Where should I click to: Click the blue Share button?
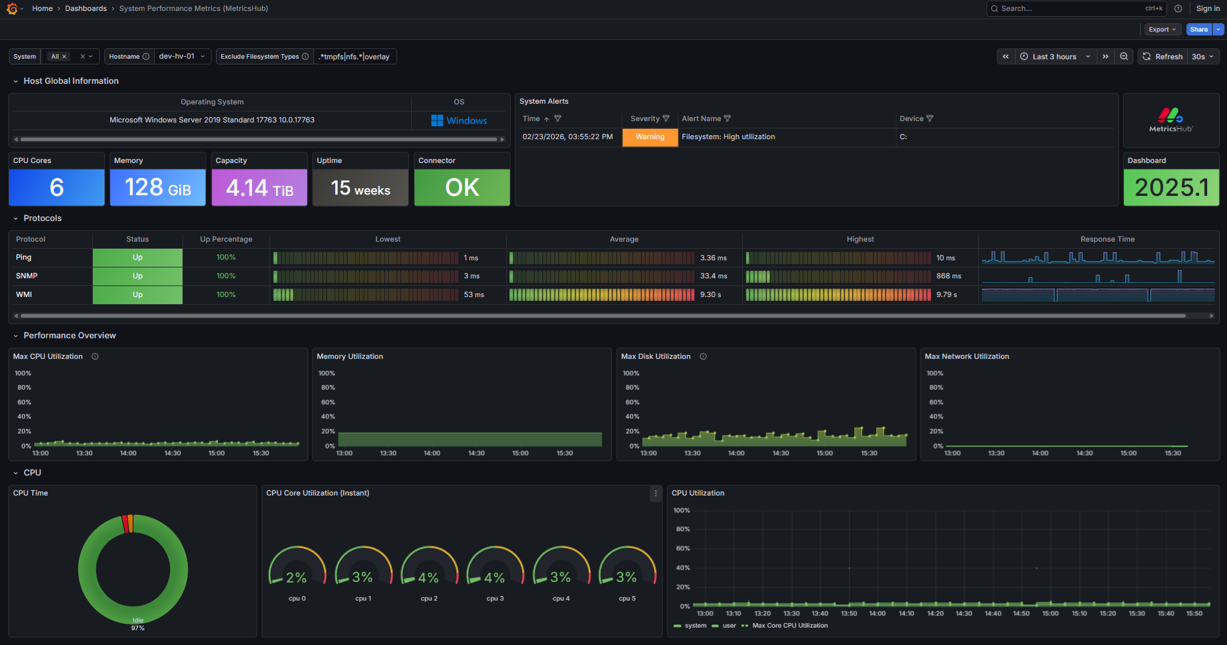(1199, 30)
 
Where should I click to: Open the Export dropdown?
(1162, 30)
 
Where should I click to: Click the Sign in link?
(1208, 8)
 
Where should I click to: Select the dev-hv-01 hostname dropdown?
(182, 57)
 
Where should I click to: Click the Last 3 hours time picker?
(1054, 57)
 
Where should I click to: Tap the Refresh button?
(1163, 57)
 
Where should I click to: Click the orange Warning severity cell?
(649, 137)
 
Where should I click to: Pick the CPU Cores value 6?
(57, 188)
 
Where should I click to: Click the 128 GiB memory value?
(157, 188)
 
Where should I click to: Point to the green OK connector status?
(462, 188)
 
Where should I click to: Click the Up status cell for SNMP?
(137, 276)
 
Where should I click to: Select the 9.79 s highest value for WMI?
(947, 294)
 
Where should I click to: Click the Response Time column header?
(1107, 239)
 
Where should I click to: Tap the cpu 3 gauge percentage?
(495, 577)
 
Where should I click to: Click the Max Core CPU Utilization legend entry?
(789, 626)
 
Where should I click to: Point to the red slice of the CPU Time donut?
(125, 524)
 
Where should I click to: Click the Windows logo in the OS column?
(437, 120)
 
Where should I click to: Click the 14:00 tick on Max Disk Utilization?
(736, 453)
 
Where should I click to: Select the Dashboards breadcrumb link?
(86, 8)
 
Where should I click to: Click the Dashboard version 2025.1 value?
(1171, 188)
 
